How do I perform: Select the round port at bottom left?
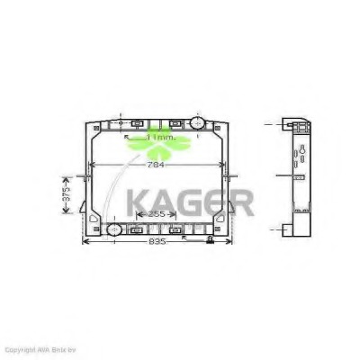tap(114, 230)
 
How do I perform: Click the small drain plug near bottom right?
tap(210, 240)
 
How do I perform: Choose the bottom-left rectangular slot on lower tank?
tap(137, 230)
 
